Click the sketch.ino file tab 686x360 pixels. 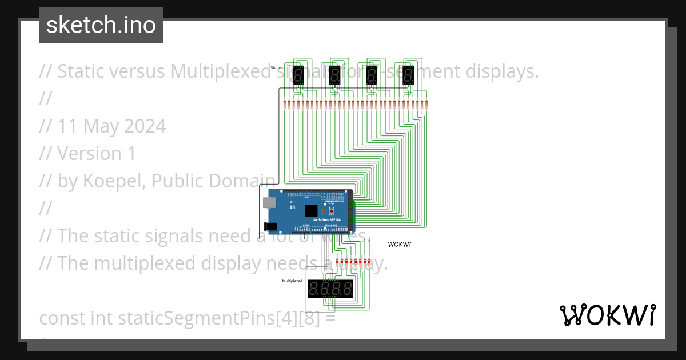click(x=101, y=25)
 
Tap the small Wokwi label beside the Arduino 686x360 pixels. click(x=400, y=244)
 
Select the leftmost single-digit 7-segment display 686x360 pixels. click(x=298, y=75)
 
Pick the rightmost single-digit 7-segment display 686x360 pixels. click(x=408, y=75)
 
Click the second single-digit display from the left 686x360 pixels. click(x=335, y=75)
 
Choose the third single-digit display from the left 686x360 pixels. click(x=372, y=75)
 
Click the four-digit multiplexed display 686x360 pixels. click(x=330, y=289)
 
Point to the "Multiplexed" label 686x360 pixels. click(x=292, y=281)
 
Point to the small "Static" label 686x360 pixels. click(x=276, y=68)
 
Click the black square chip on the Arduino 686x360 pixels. click(x=312, y=210)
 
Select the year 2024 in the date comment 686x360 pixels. click(x=145, y=126)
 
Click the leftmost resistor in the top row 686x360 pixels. click(x=285, y=104)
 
